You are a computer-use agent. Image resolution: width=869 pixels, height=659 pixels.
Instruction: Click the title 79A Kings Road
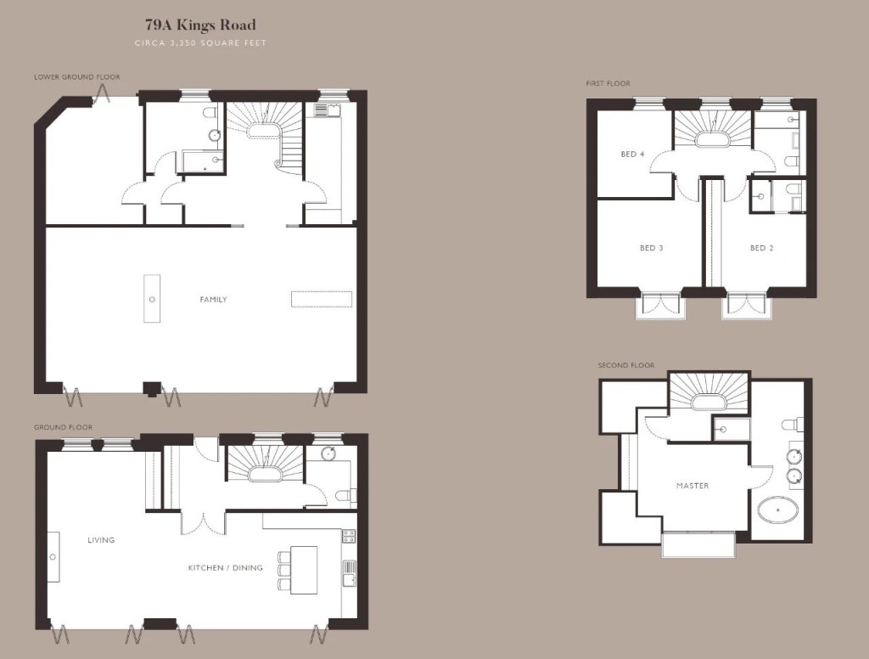click(x=200, y=25)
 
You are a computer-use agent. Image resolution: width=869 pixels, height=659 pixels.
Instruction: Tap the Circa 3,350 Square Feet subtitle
click(x=200, y=42)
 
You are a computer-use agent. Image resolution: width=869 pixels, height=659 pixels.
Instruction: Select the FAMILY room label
click(x=213, y=300)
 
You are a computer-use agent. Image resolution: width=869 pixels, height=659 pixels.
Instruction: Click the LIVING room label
click(x=101, y=540)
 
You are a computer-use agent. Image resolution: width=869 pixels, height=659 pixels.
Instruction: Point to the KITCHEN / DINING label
click(x=225, y=567)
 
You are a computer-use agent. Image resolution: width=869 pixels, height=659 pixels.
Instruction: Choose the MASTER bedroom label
click(x=692, y=486)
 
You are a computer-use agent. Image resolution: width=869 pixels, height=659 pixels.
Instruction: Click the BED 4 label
click(x=632, y=155)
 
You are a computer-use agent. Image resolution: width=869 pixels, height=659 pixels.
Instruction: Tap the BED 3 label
click(x=651, y=248)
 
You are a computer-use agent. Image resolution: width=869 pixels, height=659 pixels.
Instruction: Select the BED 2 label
click(x=761, y=248)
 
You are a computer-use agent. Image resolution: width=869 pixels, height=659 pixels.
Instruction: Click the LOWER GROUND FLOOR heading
click(x=77, y=77)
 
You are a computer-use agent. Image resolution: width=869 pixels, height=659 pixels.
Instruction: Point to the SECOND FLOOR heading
click(x=626, y=365)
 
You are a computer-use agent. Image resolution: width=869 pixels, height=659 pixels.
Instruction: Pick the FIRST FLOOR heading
click(x=608, y=83)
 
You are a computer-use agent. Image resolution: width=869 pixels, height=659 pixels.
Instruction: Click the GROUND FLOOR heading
click(x=63, y=427)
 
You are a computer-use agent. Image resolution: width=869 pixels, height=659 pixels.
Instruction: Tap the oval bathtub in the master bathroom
click(x=777, y=510)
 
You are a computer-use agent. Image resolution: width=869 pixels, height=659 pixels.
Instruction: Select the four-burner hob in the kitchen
click(x=349, y=536)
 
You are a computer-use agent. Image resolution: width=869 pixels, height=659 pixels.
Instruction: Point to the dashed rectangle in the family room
click(x=322, y=299)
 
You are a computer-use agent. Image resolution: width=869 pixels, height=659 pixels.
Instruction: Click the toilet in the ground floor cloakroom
click(x=345, y=495)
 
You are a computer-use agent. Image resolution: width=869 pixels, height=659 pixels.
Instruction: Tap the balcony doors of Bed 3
click(x=660, y=305)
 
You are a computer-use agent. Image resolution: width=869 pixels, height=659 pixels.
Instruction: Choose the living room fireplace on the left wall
click(x=53, y=557)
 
